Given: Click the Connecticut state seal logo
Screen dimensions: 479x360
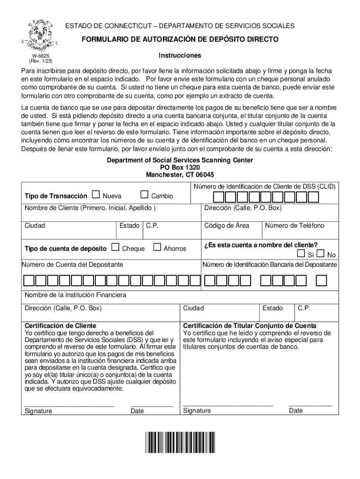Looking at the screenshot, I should pos(43,36).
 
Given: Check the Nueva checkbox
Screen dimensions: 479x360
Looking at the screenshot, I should pos(96,195).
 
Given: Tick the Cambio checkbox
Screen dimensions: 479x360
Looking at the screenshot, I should pos(144,195).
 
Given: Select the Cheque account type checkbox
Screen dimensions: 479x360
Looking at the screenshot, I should pos(115,247).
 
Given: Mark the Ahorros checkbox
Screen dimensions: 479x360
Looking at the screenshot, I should pos(157,247).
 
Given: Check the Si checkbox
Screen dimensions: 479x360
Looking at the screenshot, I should pos(302,254).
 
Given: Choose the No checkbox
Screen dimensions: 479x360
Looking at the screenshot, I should pos(320,254).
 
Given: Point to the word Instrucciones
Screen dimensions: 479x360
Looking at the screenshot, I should pos(180,56).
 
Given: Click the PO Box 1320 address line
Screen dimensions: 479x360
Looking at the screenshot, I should pos(180,167).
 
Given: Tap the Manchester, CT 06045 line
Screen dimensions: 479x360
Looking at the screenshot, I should pos(180,175).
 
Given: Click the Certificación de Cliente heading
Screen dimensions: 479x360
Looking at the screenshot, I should pos(60,326).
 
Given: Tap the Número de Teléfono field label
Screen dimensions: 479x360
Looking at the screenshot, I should pos(295,225).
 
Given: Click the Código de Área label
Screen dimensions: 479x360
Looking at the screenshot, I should pos(227,225).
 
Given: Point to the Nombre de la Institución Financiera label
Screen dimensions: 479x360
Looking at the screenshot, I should pos(75,295).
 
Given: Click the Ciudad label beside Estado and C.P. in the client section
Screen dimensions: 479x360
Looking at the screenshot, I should pos(35,225).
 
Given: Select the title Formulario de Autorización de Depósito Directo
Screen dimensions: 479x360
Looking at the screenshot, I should pos(180,40).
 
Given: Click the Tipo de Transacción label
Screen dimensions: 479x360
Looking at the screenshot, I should pos(56,196).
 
